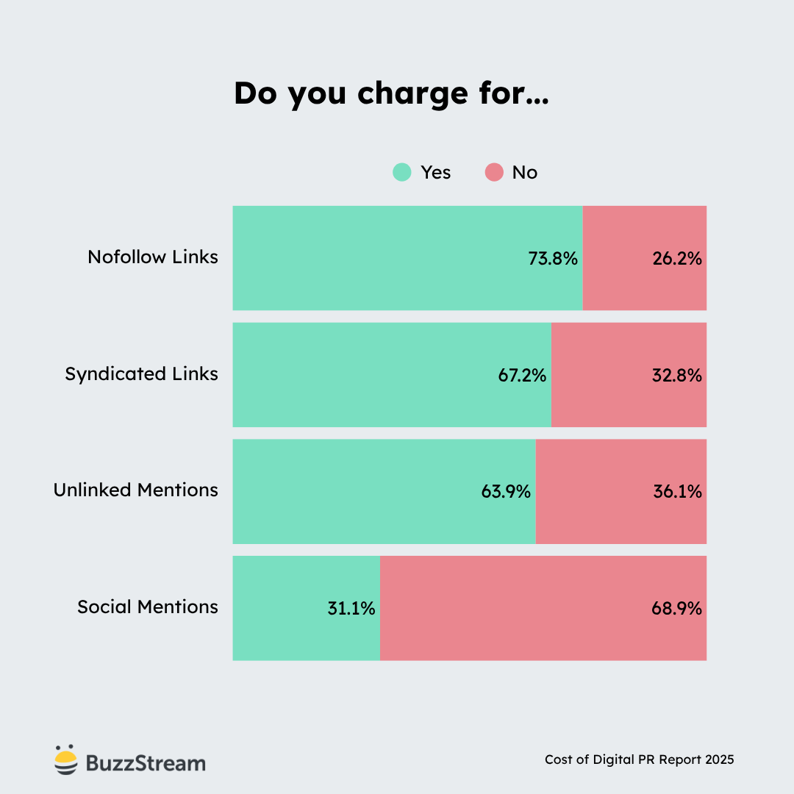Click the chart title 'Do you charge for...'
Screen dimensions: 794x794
pos(391,94)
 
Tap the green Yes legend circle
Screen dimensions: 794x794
pos(402,173)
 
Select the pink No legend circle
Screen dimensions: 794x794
pos(495,173)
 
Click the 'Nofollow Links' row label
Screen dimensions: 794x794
pos(153,257)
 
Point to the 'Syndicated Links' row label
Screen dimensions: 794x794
pos(142,374)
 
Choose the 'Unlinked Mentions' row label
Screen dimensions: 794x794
pos(136,490)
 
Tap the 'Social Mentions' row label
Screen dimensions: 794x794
pos(148,607)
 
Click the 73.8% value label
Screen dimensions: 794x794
pos(553,259)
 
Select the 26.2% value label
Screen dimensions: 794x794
pos(677,259)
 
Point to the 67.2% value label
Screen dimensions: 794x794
pos(522,376)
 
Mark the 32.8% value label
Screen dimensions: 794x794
pos(677,376)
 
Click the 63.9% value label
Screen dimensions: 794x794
pos(506,492)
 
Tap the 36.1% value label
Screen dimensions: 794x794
pos(677,492)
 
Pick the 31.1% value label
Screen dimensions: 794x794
pos(351,609)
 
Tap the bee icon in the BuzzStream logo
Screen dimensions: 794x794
pos(65,760)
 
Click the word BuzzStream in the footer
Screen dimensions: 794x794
pos(146,763)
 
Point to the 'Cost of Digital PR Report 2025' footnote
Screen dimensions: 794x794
pos(639,759)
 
